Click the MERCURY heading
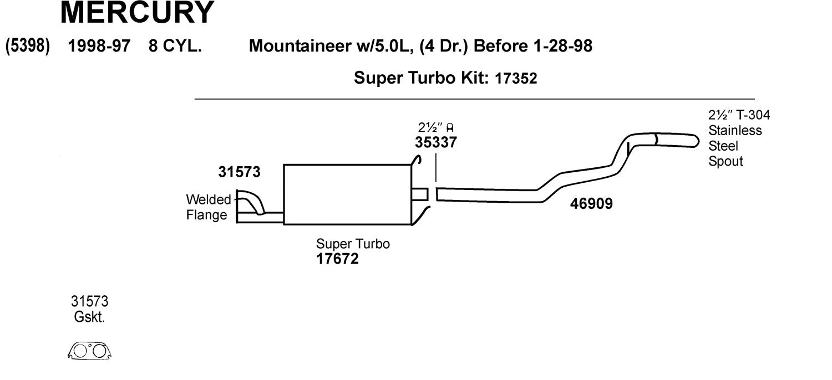pyautogui.click(x=136, y=13)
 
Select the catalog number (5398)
pyautogui.click(x=28, y=46)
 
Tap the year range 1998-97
pyautogui.click(x=99, y=46)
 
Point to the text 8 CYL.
pyautogui.click(x=175, y=46)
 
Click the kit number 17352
pyautogui.click(x=516, y=79)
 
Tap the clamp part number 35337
pyautogui.click(x=436, y=142)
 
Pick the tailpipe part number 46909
pyautogui.click(x=591, y=204)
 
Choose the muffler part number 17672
pyautogui.click(x=337, y=259)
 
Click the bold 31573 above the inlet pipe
pyautogui.click(x=239, y=172)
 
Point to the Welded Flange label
pyautogui.click(x=207, y=207)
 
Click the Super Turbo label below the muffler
pyautogui.click(x=353, y=244)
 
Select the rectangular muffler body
pyautogui.click(x=347, y=194)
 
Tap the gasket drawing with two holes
pyautogui.click(x=89, y=351)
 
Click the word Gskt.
pyautogui.click(x=89, y=317)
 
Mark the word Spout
pyautogui.click(x=726, y=162)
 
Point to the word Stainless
pyautogui.click(x=735, y=131)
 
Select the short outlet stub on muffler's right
pyautogui.click(x=420, y=194)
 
